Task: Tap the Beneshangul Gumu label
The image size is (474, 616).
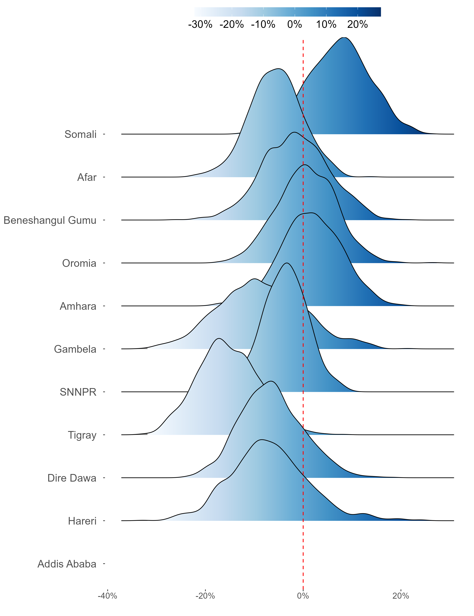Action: click(50, 220)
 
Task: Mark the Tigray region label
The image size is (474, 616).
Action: click(82, 435)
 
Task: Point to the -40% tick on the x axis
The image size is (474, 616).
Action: click(107, 596)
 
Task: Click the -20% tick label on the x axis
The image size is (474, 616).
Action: click(205, 596)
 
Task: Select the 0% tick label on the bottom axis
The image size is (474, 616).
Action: click(303, 596)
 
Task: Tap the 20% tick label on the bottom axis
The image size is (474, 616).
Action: click(401, 596)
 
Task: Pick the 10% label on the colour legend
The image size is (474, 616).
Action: click(326, 24)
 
